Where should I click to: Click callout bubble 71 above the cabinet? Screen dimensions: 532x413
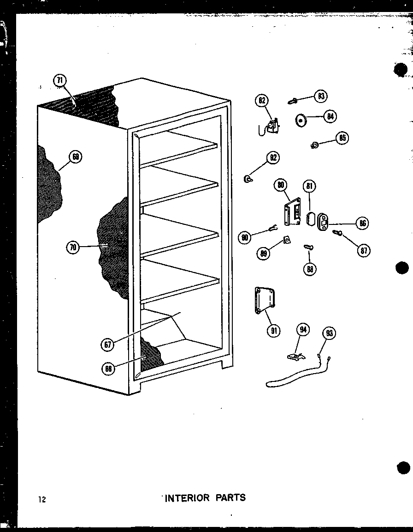coord(60,80)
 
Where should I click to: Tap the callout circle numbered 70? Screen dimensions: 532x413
coord(72,247)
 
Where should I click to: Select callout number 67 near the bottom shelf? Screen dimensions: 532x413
coord(108,344)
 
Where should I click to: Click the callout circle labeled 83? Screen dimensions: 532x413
coord(320,96)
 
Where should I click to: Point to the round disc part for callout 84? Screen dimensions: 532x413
coord(302,121)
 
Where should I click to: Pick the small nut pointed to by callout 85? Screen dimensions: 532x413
coord(315,146)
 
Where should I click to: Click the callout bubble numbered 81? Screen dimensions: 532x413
coord(309,187)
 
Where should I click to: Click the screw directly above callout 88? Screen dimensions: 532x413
coord(309,248)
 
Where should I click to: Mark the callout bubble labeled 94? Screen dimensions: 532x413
coord(303,329)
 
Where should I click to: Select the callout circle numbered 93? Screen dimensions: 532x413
coord(330,333)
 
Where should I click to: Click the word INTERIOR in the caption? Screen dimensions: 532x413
coord(187,498)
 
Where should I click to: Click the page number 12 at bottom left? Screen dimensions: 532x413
coord(42,499)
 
